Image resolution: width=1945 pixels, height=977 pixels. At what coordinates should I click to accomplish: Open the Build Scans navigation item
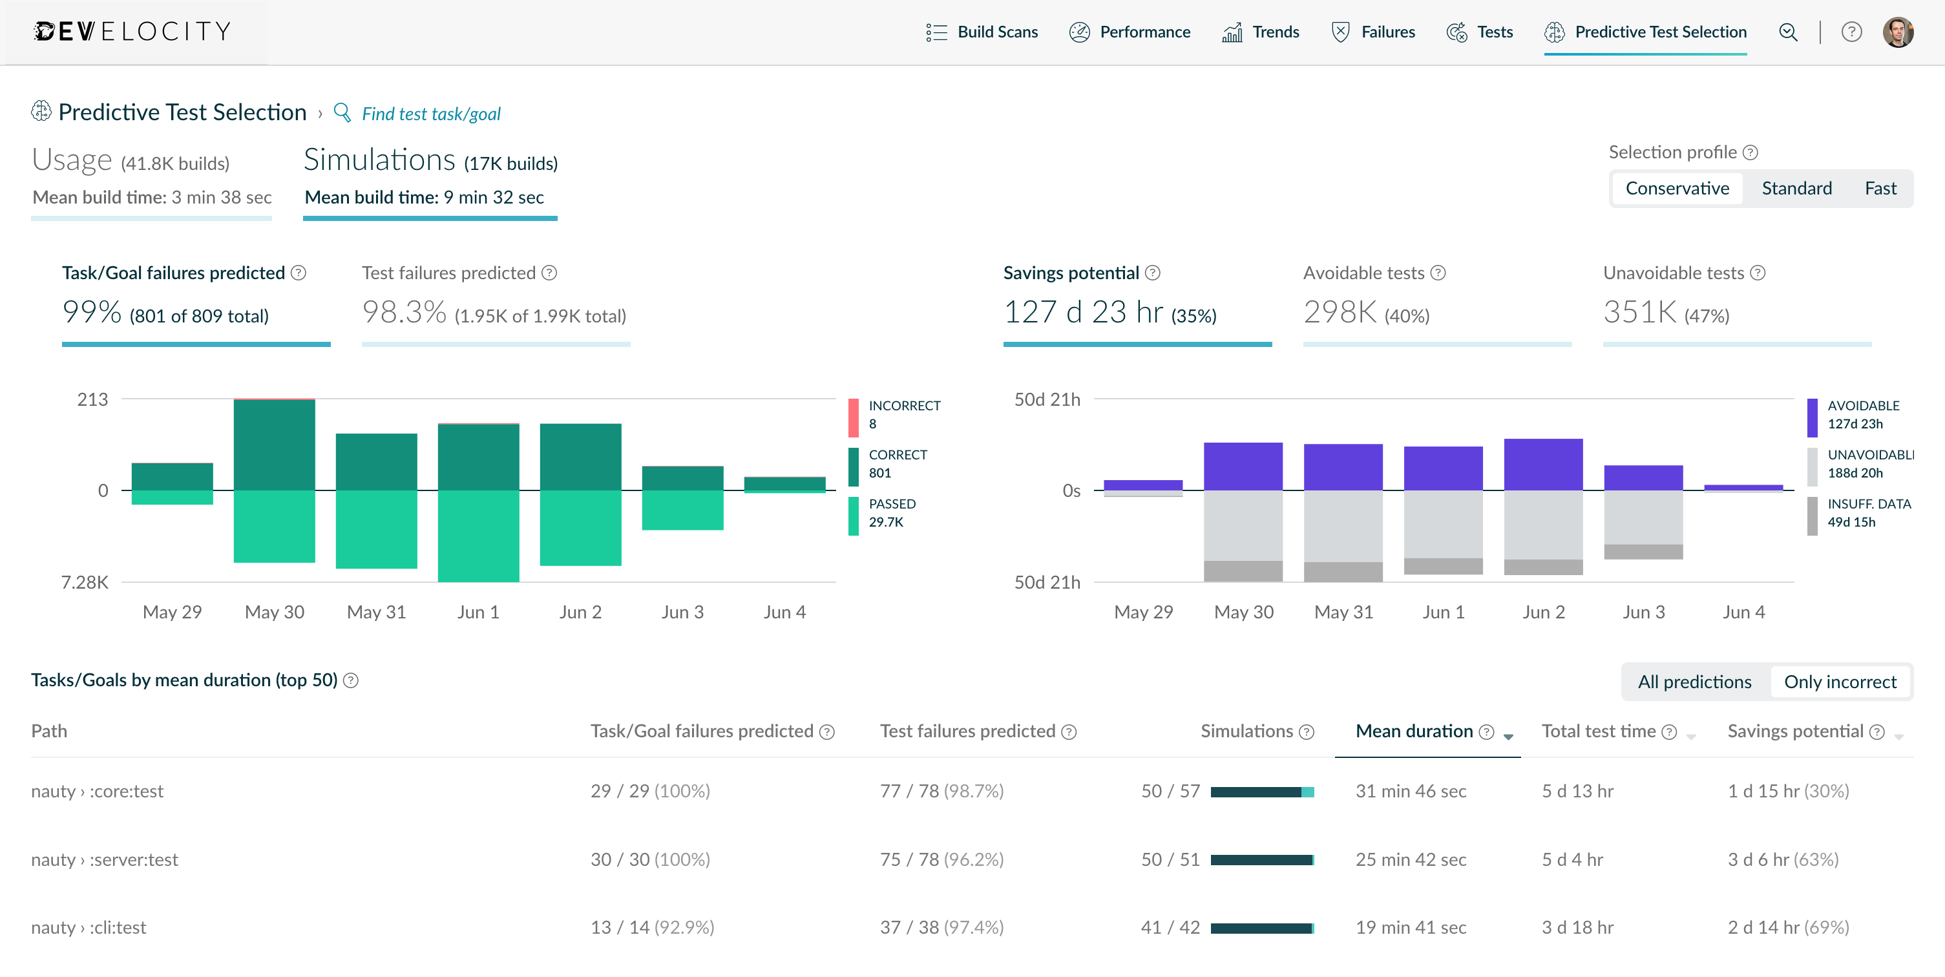[x=982, y=32]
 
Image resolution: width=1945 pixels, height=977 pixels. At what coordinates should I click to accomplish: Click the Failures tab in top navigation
[x=1373, y=32]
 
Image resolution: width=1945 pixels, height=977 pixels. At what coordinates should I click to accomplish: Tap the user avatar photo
[x=1897, y=32]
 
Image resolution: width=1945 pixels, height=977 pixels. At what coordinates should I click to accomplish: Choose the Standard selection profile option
[x=1796, y=188]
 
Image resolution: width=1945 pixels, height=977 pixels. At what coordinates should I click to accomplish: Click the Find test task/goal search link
[x=430, y=114]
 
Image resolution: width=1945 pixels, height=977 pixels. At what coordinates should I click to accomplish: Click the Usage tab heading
[x=72, y=161]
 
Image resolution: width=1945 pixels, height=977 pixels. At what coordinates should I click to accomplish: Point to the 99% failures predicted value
[x=91, y=312]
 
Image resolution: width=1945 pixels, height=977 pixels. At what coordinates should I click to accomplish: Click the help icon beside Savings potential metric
[x=1152, y=273]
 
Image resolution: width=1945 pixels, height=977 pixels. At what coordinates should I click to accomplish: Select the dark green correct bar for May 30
[x=274, y=445]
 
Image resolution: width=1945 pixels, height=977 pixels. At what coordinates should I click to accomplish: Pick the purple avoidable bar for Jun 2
[x=1542, y=465]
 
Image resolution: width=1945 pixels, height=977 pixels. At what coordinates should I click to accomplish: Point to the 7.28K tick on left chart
[x=85, y=582]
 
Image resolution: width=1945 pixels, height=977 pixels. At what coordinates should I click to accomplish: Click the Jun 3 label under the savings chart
[x=1643, y=613]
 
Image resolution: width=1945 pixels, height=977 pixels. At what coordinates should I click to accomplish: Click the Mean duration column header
[x=1413, y=731]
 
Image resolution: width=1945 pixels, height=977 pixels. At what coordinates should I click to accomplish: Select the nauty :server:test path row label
[x=105, y=859]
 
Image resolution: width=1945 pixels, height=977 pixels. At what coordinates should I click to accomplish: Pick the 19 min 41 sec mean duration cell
[x=1411, y=927]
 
